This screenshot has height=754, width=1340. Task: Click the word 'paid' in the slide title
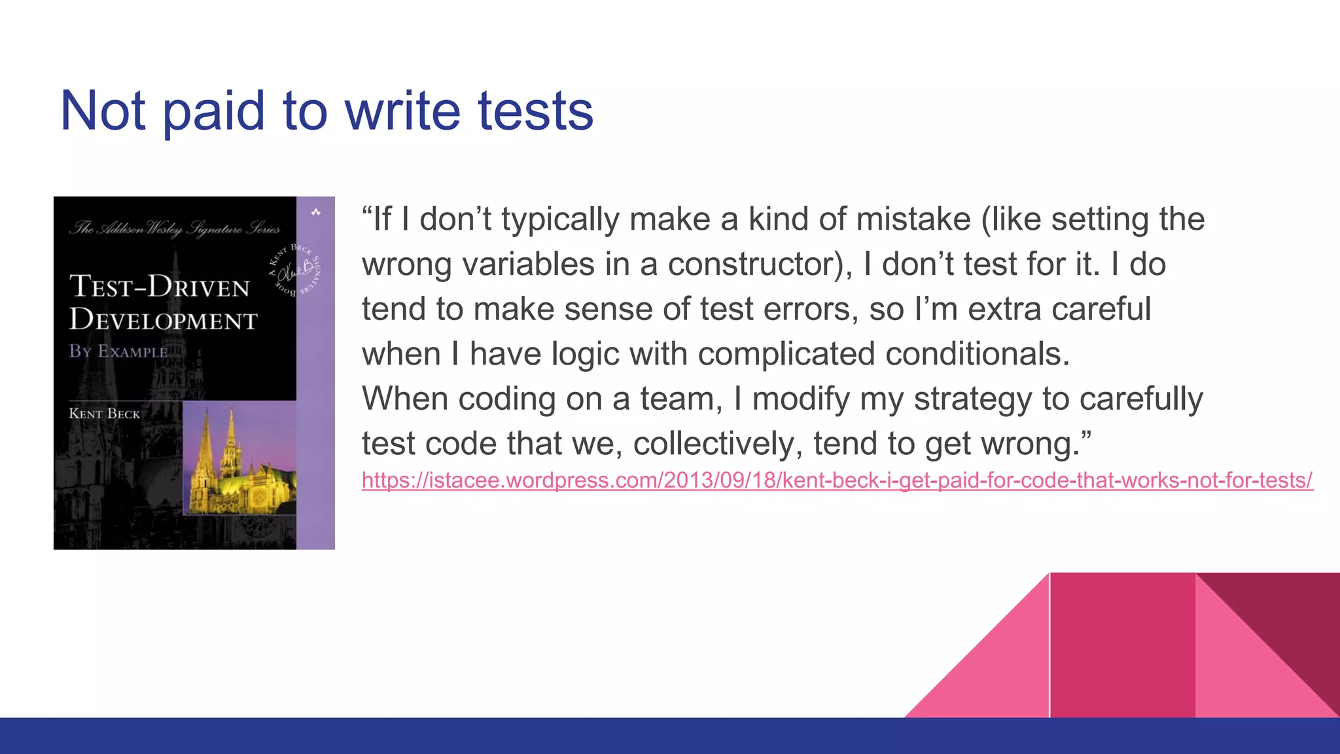coord(213,111)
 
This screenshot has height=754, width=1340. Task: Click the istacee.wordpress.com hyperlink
coord(837,480)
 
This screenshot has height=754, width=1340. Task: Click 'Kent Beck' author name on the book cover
coord(105,414)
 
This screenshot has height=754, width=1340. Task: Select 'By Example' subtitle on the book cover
coord(118,351)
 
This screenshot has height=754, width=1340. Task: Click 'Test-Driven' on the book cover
coord(160,287)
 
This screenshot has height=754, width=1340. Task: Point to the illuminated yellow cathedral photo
coord(239,461)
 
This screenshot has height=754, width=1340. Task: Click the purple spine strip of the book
coord(315,373)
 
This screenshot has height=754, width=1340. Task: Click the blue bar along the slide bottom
coord(670,736)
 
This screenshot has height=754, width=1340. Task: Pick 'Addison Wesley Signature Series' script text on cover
coord(175,228)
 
